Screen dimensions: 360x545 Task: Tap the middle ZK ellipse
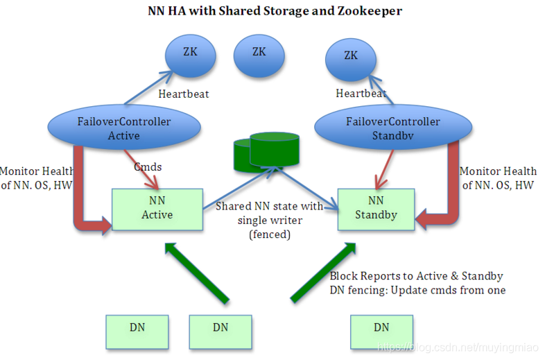click(259, 53)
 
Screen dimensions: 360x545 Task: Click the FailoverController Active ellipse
click(124, 129)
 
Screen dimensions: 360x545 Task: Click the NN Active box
click(157, 209)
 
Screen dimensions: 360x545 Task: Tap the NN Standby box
click(376, 209)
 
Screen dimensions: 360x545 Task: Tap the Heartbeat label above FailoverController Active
click(184, 94)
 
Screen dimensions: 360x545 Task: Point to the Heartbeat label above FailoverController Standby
click(361, 94)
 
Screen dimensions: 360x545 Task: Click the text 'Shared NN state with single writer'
click(269, 213)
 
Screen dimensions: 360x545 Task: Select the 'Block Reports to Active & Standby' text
click(416, 275)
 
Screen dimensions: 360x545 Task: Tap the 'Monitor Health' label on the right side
click(498, 171)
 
